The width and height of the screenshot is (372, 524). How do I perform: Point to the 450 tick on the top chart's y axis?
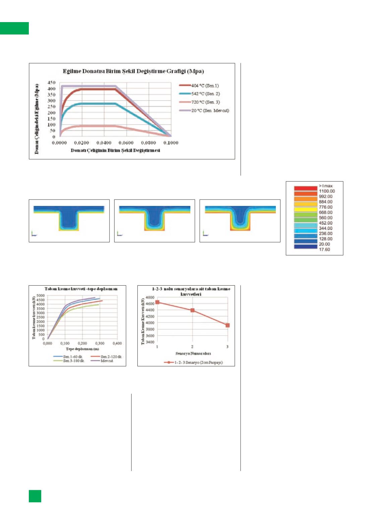point(51,82)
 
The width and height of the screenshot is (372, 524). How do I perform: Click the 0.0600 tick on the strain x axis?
point(126,143)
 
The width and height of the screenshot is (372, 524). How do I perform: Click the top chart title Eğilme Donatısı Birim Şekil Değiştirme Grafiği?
point(133,71)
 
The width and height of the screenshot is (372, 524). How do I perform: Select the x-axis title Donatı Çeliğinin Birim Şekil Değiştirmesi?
point(115,150)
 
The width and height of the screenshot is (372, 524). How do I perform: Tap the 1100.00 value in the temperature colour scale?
point(326,191)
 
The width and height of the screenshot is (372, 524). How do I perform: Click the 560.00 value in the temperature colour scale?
point(325,218)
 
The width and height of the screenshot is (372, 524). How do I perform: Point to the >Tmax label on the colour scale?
point(325,186)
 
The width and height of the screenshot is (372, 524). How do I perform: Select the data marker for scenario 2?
point(192,310)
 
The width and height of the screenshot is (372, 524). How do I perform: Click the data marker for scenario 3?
point(228,325)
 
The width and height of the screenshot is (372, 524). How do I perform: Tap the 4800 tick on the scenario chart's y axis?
point(150,298)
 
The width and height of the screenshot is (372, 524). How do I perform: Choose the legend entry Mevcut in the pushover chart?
point(107,361)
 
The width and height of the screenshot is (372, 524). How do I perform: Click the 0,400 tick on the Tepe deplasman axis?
point(117,344)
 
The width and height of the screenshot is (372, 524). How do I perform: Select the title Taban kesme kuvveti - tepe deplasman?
point(81,289)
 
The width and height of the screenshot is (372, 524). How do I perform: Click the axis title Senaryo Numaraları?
point(193,354)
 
